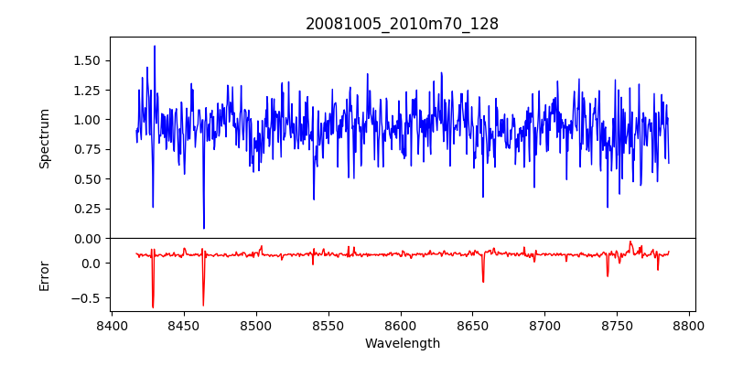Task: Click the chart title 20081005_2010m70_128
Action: [402, 24]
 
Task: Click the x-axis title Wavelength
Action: [402, 344]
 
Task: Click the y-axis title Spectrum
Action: [45, 138]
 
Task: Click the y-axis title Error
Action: [45, 274]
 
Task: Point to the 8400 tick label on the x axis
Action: [112, 325]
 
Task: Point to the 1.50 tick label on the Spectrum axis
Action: [86, 60]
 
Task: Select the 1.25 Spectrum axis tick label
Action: [86, 90]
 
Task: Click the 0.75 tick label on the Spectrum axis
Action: [86, 149]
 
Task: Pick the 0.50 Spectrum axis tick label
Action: [86, 178]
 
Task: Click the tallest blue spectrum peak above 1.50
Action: [155, 47]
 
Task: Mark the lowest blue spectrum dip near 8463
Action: [204, 228]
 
